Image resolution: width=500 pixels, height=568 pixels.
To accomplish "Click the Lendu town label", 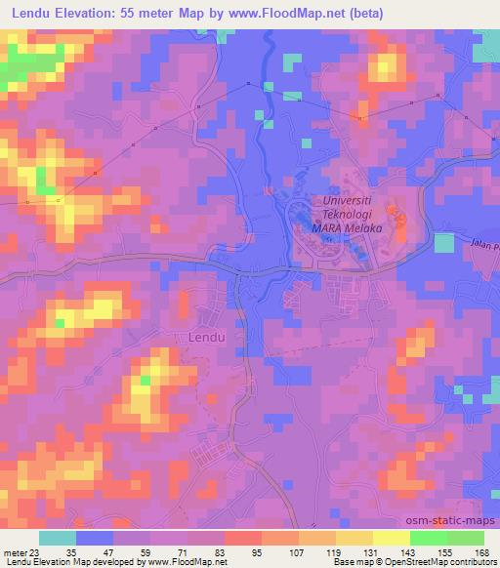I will [x=205, y=337].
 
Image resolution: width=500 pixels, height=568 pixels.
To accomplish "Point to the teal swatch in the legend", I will [x=58, y=538].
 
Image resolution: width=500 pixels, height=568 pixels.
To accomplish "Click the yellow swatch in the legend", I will [x=391, y=538].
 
